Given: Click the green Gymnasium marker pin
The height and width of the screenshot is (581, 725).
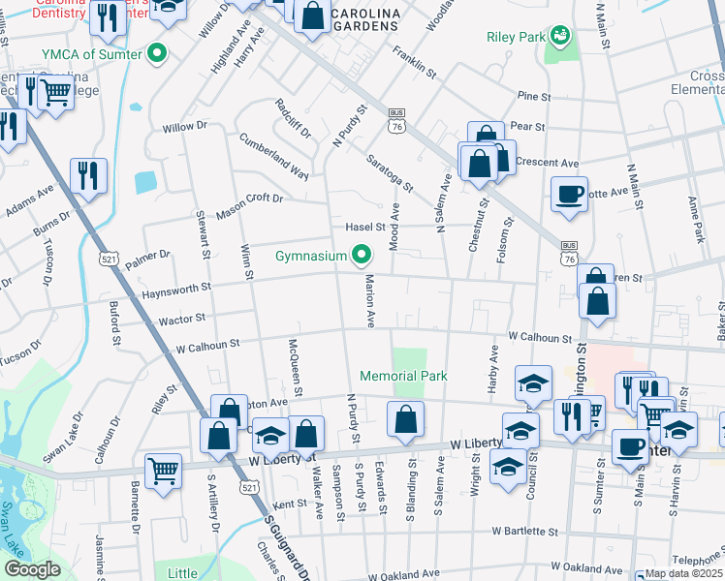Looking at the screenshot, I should coord(362,256).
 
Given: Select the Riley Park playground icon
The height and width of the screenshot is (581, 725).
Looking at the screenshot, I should coord(558,37).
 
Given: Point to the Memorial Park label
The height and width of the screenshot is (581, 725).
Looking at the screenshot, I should coord(403,376).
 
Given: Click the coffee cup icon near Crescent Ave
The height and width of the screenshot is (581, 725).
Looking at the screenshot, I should coord(569,193).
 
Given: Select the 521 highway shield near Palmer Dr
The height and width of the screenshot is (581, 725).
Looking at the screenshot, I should coord(109,260).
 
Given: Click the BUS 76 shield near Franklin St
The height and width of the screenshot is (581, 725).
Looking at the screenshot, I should coord(395,117).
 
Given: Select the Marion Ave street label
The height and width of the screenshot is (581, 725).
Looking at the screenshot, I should coord(369,301).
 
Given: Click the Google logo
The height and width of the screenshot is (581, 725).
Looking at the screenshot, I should coord(32,569).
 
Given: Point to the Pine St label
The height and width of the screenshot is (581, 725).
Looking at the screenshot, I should coord(533,97).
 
